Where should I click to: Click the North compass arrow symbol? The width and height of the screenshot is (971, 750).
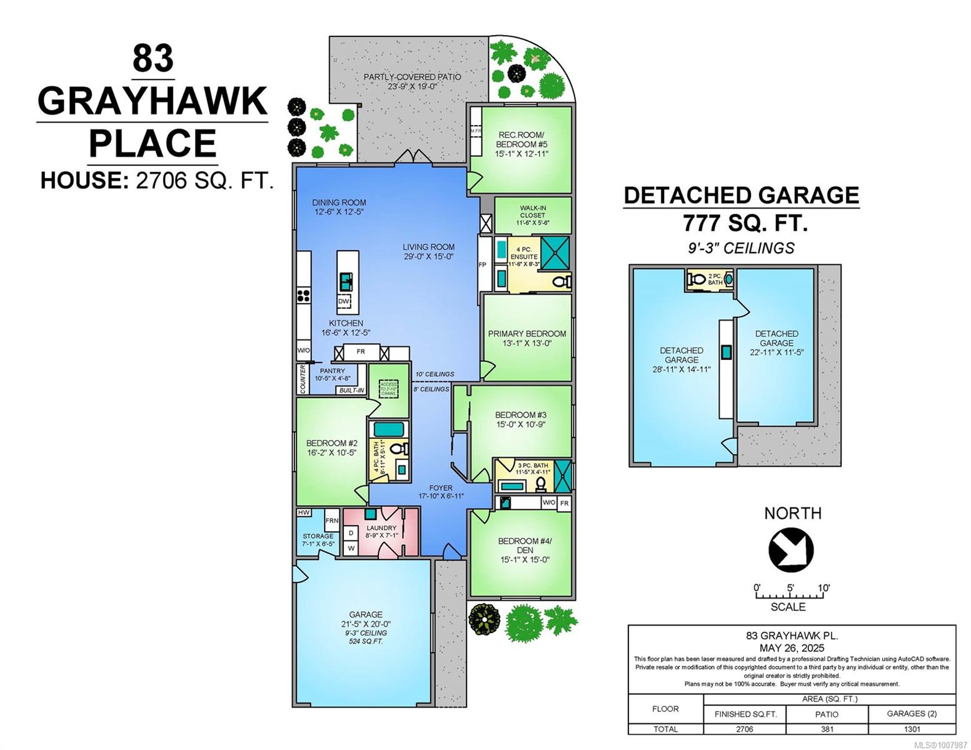coord(791,549)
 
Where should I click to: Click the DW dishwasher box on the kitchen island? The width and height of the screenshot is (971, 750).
coord(343,302)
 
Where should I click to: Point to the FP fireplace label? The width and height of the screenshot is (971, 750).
coord(482,265)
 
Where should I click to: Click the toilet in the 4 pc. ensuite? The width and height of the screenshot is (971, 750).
coord(563,282)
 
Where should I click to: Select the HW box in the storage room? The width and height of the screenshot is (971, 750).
coord(304,512)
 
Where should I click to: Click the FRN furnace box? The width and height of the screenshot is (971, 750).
coord(331,520)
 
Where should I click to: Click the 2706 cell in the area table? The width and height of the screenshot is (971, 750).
coord(744,729)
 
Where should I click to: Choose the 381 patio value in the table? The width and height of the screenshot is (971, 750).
coord(827,729)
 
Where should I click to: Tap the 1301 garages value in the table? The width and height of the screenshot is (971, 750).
coord(912,729)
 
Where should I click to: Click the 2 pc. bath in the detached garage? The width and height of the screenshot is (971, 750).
coord(710,279)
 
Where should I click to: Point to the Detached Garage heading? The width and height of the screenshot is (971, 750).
coord(741,195)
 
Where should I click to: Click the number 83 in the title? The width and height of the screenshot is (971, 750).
coord(153,59)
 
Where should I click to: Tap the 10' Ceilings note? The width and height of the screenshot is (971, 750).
coord(435,374)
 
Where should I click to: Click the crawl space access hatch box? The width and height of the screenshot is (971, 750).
coord(388,389)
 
